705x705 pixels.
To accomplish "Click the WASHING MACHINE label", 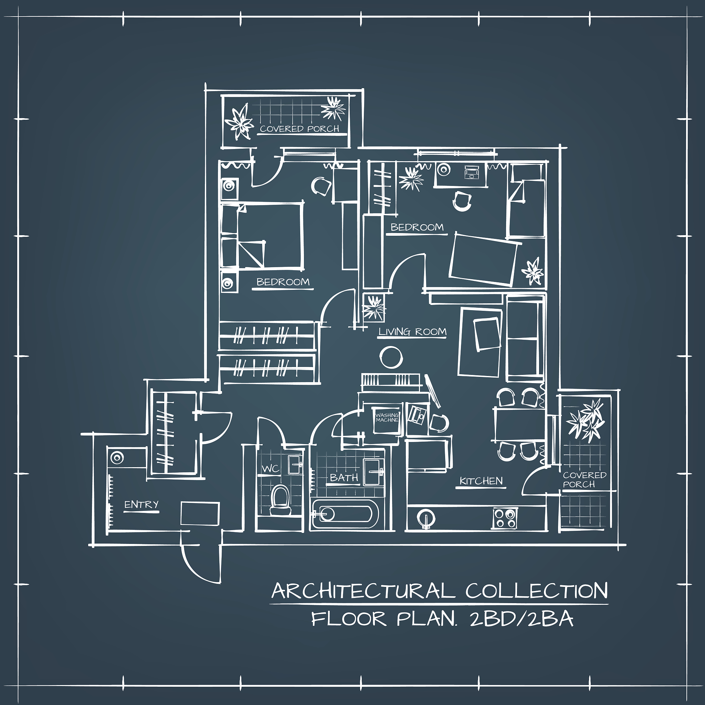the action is [x=387, y=417].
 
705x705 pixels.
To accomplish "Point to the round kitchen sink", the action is [x=425, y=517].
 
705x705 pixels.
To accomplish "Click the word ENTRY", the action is [x=141, y=505].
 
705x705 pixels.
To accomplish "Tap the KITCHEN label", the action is [x=481, y=481].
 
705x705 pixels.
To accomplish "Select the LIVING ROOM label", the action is [x=412, y=332].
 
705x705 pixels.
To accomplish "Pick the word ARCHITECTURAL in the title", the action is [x=363, y=591].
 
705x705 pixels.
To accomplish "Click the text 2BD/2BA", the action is [x=522, y=619].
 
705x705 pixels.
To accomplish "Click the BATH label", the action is [x=344, y=478].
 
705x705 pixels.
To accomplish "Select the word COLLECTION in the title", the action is [x=536, y=591].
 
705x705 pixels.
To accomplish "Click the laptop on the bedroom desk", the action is [x=472, y=171].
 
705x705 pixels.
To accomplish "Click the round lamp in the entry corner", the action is [x=117, y=457].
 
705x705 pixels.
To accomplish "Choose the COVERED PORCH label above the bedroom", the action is [x=299, y=129].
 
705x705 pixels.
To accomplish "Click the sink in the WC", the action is [x=295, y=464].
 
